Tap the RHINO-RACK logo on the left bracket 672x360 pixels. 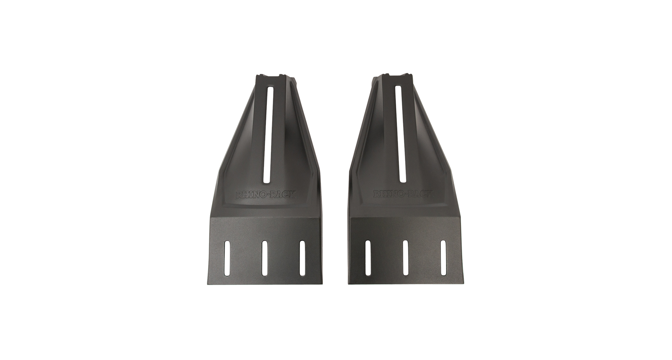tap(266, 195)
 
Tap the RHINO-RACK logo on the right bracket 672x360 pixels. tap(402, 194)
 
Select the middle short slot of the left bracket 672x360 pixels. tap(265, 258)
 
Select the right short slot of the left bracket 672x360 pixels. tap(302, 258)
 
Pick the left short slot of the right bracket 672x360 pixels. tap(367, 258)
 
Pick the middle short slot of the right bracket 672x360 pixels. tap(406, 258)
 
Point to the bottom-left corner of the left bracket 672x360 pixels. tap(208, 283)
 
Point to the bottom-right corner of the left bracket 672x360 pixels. tap(321, 283)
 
